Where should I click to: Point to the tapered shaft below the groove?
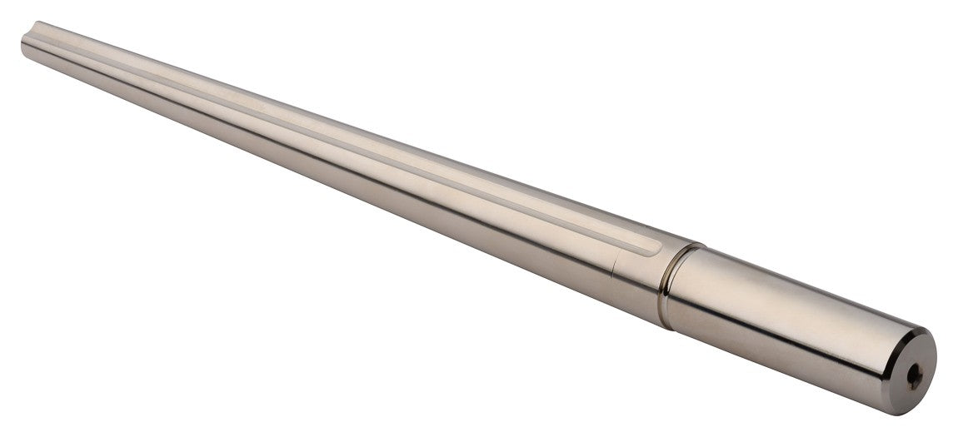click(x=333, y=158)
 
